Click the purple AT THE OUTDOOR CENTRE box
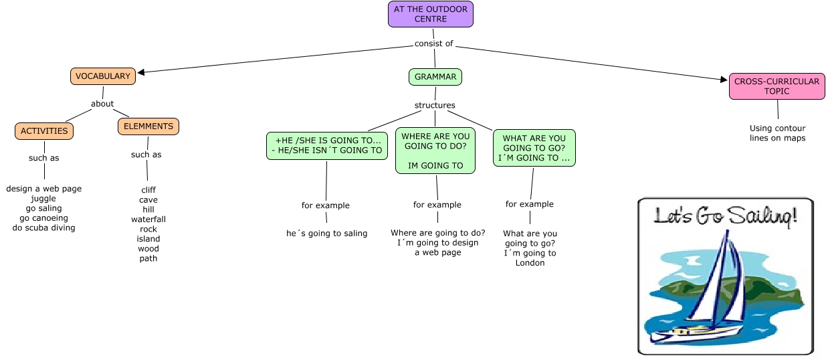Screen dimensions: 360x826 pos(431,14)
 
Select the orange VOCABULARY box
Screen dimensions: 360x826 pos(103,76)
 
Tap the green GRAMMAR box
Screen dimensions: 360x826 pos(435,77)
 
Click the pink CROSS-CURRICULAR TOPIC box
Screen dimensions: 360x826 pos(777,86)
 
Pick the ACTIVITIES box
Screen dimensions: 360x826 pos(44,131)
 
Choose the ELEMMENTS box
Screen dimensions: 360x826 pos(148,126)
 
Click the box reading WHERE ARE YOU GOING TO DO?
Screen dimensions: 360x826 pos(435,151)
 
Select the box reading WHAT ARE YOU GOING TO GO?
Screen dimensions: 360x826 pos(534,149)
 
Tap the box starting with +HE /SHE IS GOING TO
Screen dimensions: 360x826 pos(328,145)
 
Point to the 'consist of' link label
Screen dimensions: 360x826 pos(433,44)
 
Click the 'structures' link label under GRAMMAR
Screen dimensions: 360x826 pos(435,105)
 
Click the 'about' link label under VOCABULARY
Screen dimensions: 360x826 pos(102,104)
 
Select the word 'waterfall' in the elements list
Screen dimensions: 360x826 pos(148,219)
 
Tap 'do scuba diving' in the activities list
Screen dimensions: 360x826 pos(44,228)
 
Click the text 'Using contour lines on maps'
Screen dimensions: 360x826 pos(777,133)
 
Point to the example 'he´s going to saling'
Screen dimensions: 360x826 pos(326,234)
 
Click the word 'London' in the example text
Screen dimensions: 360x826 pos(530,263)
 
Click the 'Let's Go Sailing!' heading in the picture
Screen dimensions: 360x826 pos(725,217)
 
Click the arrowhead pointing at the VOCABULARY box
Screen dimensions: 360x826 pos(141,72)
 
